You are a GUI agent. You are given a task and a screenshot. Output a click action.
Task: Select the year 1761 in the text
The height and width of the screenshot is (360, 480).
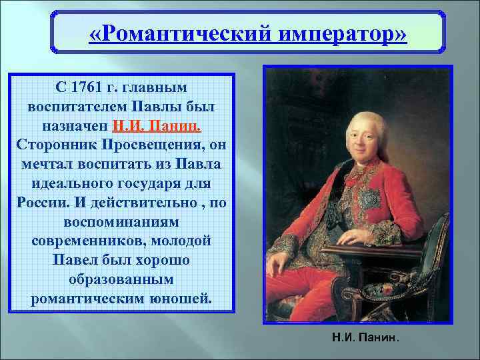point(88,87)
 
